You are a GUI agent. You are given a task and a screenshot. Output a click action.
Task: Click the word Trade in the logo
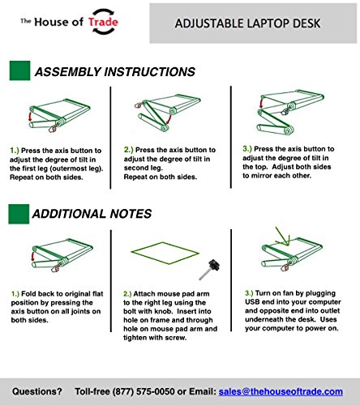103,22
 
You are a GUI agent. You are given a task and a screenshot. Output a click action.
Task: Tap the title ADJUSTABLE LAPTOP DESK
247,23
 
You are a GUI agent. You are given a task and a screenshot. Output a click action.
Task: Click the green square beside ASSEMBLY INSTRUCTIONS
19,70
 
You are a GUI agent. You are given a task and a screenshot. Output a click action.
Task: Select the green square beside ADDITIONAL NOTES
19,214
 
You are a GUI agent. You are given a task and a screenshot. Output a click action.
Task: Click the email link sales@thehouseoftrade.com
281,391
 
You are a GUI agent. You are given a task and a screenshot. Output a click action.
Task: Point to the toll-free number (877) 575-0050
144,391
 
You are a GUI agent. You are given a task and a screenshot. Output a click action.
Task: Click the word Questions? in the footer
37,391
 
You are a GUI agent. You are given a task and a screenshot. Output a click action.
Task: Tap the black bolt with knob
210,270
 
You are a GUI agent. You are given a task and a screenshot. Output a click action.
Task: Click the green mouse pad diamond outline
165,253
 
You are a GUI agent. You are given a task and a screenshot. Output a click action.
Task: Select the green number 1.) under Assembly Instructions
15,151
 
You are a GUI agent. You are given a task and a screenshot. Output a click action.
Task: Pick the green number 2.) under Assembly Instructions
129,150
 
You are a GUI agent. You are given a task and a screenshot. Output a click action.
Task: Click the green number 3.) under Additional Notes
249,293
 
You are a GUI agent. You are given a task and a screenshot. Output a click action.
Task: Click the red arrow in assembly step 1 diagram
30,117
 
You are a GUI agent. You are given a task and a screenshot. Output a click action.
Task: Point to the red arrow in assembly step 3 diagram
261,104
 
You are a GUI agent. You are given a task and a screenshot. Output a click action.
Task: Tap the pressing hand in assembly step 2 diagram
138,105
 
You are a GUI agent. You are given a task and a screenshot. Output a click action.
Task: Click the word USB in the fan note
252,302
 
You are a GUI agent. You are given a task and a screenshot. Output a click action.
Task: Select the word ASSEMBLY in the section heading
67,72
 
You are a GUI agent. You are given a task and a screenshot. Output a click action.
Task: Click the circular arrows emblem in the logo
103,21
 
